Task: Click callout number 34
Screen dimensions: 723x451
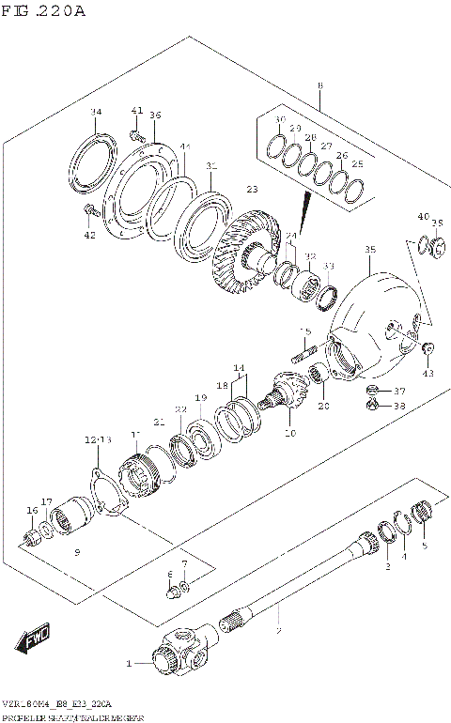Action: pos(94,114)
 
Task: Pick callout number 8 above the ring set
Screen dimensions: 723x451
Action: pos(319,86)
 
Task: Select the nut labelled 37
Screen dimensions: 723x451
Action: pos(371,391)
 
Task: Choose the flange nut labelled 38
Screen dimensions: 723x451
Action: pos(371,406)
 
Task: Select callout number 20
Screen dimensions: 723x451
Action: pos(324,406)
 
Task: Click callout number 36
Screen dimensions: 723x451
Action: pos(155,115)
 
